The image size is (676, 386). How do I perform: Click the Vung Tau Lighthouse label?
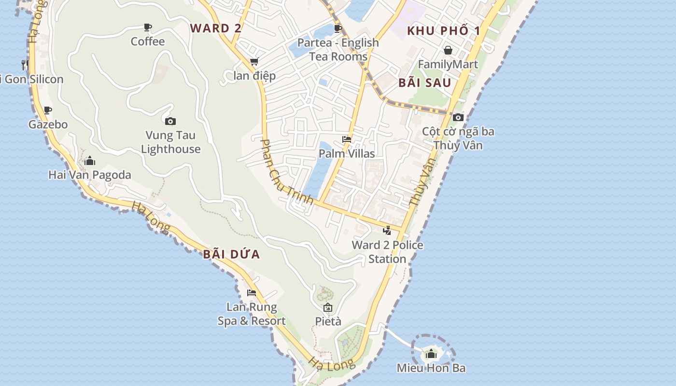(170, 142)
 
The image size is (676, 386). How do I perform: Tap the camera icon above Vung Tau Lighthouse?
(170, 121)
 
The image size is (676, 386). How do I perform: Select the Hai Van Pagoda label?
(90, 175)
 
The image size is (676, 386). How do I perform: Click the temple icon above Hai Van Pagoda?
(90, 161)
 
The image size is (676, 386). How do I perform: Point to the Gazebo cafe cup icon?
(47, 110)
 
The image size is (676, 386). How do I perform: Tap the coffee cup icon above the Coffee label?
(148, 28)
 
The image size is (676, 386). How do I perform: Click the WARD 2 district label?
(215, 28)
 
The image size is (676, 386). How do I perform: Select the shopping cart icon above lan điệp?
(254, 62)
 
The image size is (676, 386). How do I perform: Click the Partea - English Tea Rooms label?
(338, 49)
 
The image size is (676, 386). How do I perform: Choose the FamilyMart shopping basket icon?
(448, 50)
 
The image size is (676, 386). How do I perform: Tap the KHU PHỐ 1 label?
(444, 31)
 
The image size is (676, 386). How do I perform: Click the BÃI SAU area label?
(425, 83)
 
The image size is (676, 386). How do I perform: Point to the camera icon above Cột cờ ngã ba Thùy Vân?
(458, 117)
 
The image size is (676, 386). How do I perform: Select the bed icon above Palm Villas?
(346, 139)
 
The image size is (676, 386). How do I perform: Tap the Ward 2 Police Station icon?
(387, 231)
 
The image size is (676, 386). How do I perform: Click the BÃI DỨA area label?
(231, 254)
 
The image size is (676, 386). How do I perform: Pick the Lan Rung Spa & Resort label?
(252, 314)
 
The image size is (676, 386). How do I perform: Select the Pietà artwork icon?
(328, 307)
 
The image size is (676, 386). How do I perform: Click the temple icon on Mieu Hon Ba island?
(431, 354)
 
